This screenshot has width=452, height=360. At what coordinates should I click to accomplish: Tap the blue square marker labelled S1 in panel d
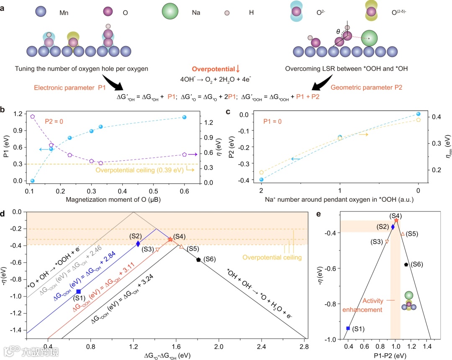[x=78, y=291]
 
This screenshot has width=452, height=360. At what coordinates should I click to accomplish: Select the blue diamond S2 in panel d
[x=138, y=243]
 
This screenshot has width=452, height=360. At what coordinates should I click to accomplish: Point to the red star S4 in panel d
[x=170, y=239]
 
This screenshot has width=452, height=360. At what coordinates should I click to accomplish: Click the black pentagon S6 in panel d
[x=198, y=260]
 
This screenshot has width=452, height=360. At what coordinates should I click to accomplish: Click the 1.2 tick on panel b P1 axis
[x=18, y=114]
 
